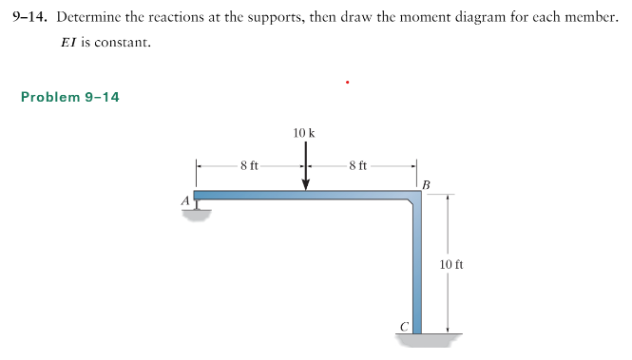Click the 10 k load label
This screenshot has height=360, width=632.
[x=305, y=133]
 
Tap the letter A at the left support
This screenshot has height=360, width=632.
[x=185, y=199]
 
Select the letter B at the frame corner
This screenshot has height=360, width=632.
[x=427, y=182]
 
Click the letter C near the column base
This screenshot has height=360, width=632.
[x=404, y=327]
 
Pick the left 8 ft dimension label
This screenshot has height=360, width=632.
[x=249, y=166]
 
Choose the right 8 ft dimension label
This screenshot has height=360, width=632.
[x=358, y=166]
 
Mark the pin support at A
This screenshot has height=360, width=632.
[x=197, y=208]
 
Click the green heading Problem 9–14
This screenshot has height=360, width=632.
[x=69, y=98]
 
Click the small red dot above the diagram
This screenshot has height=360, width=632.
[x=348, y=83]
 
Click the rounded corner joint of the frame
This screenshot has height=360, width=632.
[x=415, y=197]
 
